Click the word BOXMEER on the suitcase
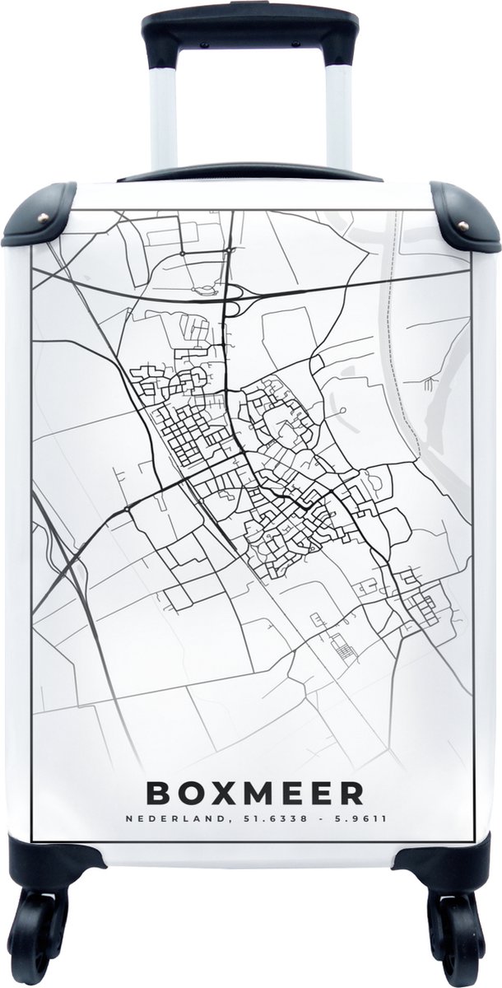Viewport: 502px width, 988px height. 254,792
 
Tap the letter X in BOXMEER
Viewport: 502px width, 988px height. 216,792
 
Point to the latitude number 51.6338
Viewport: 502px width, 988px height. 263,819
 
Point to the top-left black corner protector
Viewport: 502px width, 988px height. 37,216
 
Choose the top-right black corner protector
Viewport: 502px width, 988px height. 464,216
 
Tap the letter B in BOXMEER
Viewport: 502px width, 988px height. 158,792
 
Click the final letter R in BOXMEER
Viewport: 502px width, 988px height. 352,792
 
